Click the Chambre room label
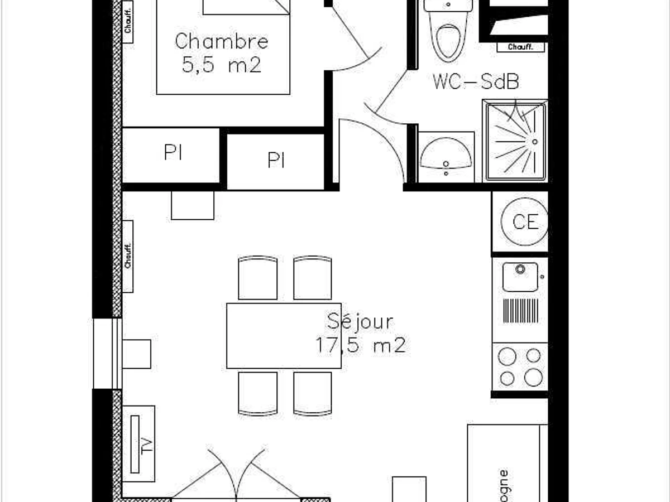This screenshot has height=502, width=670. tap(222, 41)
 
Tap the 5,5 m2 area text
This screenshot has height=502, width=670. tap(222, 65)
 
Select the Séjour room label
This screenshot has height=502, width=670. tap(360, 321)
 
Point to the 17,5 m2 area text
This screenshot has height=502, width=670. tap(360, 345)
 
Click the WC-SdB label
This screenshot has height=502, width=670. tap(476, 82)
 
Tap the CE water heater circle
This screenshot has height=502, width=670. tap(525, 221)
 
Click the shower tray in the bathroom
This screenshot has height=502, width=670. tap(515, 142)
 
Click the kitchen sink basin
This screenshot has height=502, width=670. tap(520, 276)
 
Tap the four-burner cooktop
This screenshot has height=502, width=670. tap(520, 366)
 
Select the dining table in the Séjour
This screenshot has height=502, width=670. tap(284, 336)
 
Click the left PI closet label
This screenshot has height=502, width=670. tap(174, 153)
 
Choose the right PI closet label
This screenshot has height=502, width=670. tap(276, 160)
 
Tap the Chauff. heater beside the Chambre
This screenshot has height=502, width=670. tap(128, 17)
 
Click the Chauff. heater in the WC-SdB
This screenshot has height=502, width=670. tap(519, 47)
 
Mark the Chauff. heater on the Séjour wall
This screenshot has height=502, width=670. tap(128, 256)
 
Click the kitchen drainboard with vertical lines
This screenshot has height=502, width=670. tap(520, 311)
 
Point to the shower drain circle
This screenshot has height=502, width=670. tap(534, 142)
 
